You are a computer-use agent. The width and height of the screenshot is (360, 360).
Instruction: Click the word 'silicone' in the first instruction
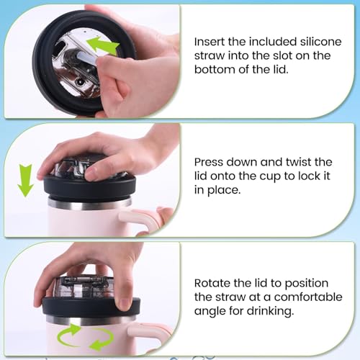[x=320, y=42]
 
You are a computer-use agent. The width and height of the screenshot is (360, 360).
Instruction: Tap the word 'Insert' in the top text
[x=208, y=42]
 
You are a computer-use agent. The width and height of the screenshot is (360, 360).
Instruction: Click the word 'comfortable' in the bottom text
[x=308, y=297]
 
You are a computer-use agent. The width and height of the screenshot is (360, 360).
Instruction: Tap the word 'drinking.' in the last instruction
[x=270, y=311]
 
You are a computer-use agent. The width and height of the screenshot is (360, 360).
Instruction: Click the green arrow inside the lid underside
[x=102, y=45]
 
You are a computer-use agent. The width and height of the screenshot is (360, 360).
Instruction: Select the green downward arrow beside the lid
[x=26, y=181]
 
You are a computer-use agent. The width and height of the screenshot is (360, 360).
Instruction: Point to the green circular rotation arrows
[x=86, y=338]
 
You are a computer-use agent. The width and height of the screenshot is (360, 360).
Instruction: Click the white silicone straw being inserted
[x=88, y=58]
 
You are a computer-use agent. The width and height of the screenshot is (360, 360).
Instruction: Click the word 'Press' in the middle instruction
[x=208, y=162]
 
